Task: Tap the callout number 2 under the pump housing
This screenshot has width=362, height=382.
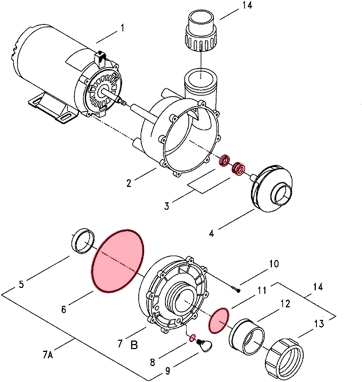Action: [x=129, y=183]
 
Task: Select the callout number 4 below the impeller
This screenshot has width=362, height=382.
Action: [x=211, y=233]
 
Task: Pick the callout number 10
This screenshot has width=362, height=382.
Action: [x=273, y=264]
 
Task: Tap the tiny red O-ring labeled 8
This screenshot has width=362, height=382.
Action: [x=192, y=337]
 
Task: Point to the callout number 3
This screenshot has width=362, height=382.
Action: [x=167, y=206]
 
